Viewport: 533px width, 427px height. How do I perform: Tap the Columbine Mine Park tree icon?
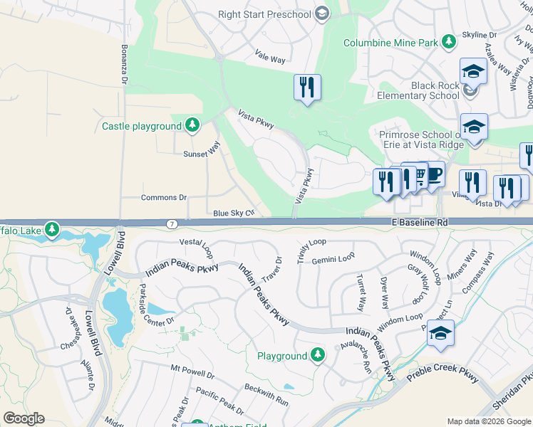click(x=449, y=43)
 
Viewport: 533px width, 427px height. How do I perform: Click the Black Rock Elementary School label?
click(x=418, y=90)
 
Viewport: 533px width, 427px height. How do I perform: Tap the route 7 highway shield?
click(x=172, y=224)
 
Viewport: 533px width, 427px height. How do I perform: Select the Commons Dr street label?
click(x=163, y=198)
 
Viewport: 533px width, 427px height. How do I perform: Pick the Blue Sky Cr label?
click(x=233, y=213)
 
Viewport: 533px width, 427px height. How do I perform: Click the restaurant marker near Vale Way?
click(x=307, y=88)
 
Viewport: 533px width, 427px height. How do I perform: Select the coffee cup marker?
click(x=433, y=174)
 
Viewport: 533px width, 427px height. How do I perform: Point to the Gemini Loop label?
click(x=333, y=258)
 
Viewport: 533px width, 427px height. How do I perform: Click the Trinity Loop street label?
click(x=311, y=251)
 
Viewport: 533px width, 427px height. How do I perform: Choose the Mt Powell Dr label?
click(x=192, y=371)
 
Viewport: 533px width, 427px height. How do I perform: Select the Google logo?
click(x=24, y=418)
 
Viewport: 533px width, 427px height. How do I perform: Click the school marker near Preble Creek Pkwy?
click(x=441, y=333)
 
